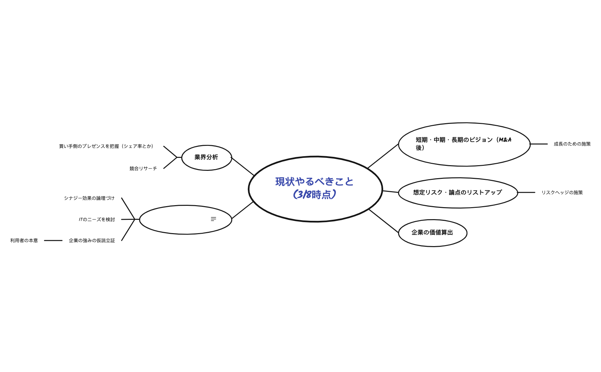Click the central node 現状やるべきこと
[x=315, y=189]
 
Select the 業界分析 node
[x=207, y=158]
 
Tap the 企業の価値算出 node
[x=432, y=233]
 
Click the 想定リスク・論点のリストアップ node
[x=458, y=192]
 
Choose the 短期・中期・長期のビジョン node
[x=464, y=144]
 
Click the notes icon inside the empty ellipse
[x=213, y=219]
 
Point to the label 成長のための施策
[x=572, y=144]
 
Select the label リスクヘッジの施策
[x=562, y=192]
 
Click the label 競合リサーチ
[x=143, y=169]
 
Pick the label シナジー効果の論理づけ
[x=89, y=198]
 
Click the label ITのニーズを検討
[x=97, y=219]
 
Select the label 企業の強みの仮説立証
[x=92, y=240]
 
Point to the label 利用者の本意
[x=24, y=240]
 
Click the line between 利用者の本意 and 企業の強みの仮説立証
[x=53, y=240]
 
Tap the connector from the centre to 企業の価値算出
[x=383, y=221]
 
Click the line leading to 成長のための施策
[x=539, y=144]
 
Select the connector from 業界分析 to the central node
[x=243, y=167]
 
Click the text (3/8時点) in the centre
[x=314, y=194]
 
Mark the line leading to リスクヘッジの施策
[x=526, y=192]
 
